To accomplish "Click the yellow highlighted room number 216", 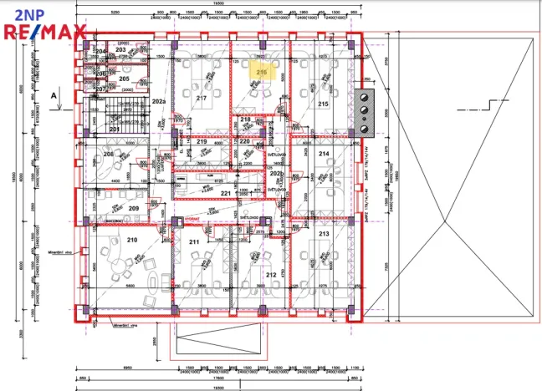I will pyautogui.click(x=261, y=73).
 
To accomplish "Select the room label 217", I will pyautogui.click(x=201, y=99).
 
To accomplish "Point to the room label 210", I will pyautogui.click(x=131, y=241).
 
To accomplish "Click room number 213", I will pyautogui.click(x=323, y=235).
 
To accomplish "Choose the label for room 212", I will pyautogui.click(x=270, y=274).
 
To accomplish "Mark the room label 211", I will pyautogui.click(x=194, y=242).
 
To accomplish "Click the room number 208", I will pyautogui.click(x=108, y=155).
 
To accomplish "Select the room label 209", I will pyautogui.click(x=133, y=208).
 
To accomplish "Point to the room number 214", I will pyautogui.click(x=324, y=154).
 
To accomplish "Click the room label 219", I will pyautogui.click(x=202, y=142).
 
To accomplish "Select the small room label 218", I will pyautogui.click(x=245, y=120).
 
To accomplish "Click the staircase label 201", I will pyautogui.click(x=115, y=129).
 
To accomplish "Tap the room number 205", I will pyautogui.click(x=124, y=79).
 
